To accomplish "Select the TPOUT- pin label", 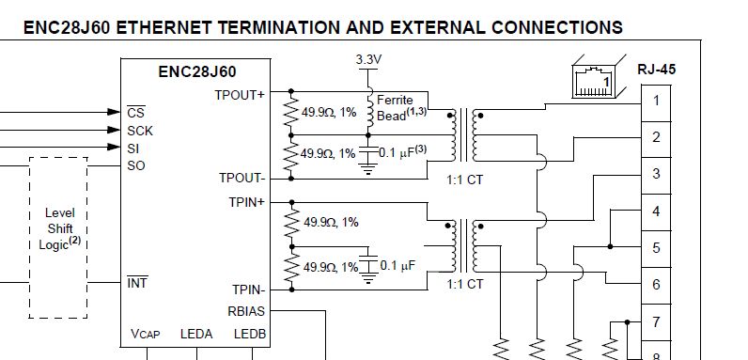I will [x=242, y=178].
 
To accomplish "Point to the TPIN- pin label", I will [x=247, y=290].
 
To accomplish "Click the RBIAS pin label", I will [x=247, y=311].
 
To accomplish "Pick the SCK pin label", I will [x=139, y=131].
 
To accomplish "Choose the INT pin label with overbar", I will [x=136, y=282].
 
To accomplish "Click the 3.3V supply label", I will [x=368, y=60].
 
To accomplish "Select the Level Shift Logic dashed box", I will [x=59, y=238].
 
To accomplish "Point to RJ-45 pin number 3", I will [x=656, y=174].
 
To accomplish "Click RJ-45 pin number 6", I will [x=656, y=285].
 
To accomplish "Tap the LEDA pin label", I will [x=196, y=333].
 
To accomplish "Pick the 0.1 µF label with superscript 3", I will [x=402, y=152].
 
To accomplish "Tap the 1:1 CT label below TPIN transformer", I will [x=464, y=284].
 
